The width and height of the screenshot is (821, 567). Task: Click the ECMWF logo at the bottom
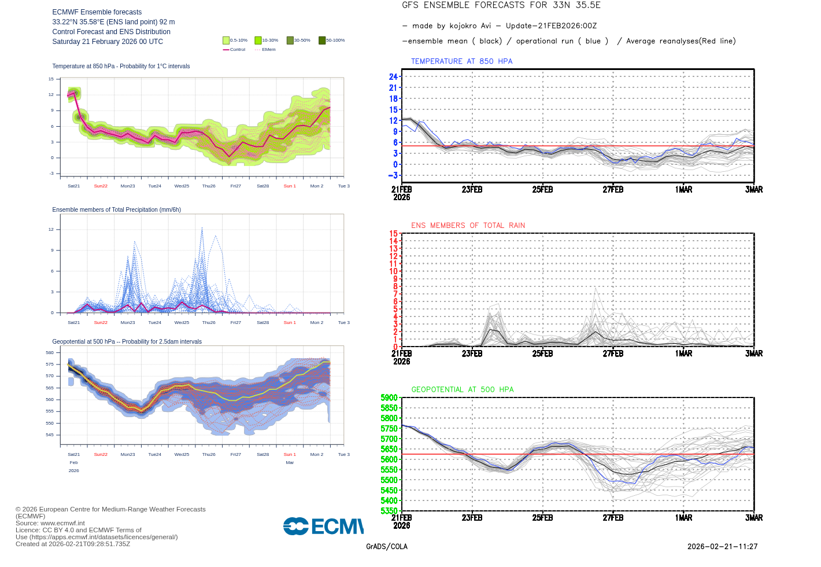323,526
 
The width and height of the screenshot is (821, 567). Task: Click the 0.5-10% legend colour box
226,41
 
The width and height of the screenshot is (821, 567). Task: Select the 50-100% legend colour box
322,41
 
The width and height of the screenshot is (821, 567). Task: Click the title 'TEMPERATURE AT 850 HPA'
461,61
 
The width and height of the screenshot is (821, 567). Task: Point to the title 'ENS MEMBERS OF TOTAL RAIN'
468,226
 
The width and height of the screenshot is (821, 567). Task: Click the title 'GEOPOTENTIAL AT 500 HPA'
462,390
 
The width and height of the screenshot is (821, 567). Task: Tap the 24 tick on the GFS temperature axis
393,77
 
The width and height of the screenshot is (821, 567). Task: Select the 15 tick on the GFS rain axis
393,234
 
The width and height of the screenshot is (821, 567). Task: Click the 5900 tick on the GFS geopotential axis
389,398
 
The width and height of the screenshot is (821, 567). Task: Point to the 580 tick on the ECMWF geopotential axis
50,352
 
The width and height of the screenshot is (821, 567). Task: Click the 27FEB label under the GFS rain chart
613,354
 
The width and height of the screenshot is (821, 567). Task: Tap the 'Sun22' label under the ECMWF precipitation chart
101,323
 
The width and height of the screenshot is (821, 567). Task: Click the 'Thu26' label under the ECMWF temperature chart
209,186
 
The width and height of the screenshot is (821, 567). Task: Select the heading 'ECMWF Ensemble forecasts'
97,12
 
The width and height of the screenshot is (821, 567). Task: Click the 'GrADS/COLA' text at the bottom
387,547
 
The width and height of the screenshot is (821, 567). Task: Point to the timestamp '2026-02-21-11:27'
722,547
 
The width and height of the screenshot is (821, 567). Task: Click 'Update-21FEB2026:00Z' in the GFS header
551,26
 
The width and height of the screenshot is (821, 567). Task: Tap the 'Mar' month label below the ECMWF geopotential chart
290,463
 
